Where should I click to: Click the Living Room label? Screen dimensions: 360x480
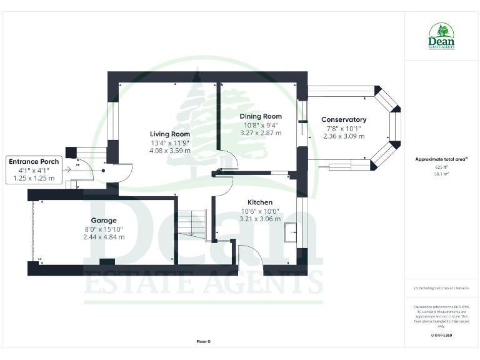click(x=169, y=134)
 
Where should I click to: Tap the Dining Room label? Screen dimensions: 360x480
click(x=261, y=116)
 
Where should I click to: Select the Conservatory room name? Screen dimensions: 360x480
click(x=344, y=119)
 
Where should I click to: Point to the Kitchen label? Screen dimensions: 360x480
click(x=259, y=202)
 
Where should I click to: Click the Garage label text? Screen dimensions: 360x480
click(x=104, y=221)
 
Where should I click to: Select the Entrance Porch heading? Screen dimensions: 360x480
click(x=34, y=162)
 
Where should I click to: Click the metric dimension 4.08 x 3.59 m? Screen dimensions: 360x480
click(x=169, y=151)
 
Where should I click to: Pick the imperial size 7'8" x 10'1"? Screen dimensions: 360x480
click(x=344, y=128)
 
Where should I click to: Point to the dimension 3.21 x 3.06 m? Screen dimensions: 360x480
click(x=259, y=219)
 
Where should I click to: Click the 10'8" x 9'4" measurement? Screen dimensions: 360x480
click(x=261, y=124)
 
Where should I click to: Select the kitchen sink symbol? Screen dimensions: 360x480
click(x=291, y=232)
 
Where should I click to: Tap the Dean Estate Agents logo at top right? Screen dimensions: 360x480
click(x=441, y=36)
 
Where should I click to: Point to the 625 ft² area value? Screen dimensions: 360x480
click(x=441, y=167)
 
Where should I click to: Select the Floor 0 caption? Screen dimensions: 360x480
click(x=203, y=342)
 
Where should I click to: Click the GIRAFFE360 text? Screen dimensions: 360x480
click(x=441, y=336)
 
